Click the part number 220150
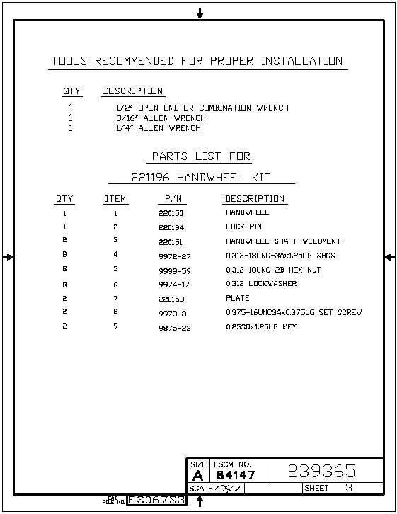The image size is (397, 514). coord(171,213)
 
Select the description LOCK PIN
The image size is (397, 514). coord(243,227)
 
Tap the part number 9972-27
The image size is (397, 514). coord(175,256)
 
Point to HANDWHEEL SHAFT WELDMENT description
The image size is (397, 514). coord(283,241)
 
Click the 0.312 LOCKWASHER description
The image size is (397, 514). coord(261,284)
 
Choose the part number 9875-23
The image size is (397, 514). coord(175,328)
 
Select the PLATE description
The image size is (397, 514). coord(238,298)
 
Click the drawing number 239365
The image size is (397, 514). coord(321,471)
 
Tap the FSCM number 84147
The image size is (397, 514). coord(236,475)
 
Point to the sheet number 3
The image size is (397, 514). coord(349,487)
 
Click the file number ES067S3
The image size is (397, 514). coord(156,500)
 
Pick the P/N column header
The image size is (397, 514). coord(173,199)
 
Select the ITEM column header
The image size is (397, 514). coord(115,199)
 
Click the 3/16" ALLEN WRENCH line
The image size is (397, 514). coord(161,118)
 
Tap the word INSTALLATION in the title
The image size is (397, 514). coord(301,61)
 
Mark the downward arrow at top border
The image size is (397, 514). coord(200,13)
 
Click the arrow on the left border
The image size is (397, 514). coord(8,257)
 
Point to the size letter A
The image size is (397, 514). coord(197,475)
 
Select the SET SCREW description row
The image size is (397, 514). coord(294,312)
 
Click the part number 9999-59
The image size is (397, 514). coord(175,270)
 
